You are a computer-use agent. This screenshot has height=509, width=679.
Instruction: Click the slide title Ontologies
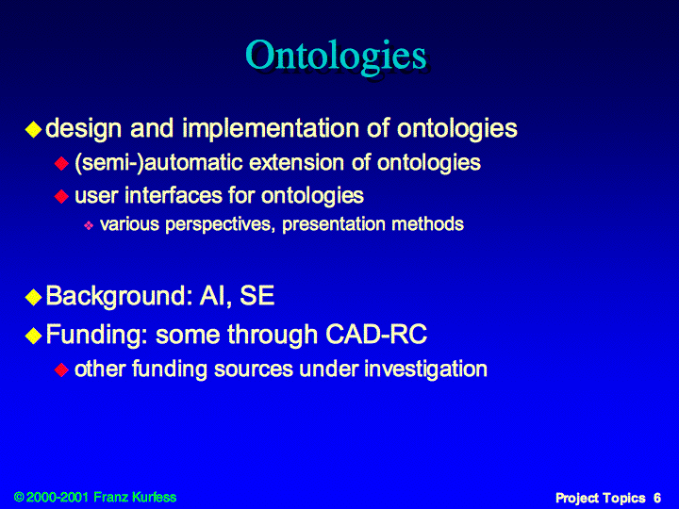pyautogui.click(x=337, y=57)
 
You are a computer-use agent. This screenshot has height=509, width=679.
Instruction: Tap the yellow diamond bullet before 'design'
pyautogui.click(x=33, y=129)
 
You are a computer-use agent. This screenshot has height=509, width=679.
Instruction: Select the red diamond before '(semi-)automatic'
pyautogui.click(x=61, y=164)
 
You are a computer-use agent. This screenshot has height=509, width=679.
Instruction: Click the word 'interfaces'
pyautogui.click(x=174, y=195)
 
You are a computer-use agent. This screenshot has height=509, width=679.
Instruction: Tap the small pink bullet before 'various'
pyautogui.click(x=89, y=225)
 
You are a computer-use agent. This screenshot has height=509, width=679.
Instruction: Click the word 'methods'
pyautogui.click(x=427, y=224)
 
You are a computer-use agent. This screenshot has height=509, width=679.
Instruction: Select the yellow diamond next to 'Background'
pyautogui.click(x=33, y=297)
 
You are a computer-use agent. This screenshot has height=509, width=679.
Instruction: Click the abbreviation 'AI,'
pyautogui.click(x=212, y=296)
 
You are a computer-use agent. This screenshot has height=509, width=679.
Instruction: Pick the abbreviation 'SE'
pyautogui.click(x=257, y=296)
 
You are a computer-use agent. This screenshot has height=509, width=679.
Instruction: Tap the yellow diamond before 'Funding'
pyautogui.click(x=33, y=336)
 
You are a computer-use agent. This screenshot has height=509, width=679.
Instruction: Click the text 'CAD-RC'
pyautogui.click(x=376, y=334)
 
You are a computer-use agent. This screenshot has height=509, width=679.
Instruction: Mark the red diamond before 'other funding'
pyautogui.click(x=61, y=370)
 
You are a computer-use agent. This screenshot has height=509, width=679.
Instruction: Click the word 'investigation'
pyautogui.click(x=425, y=369)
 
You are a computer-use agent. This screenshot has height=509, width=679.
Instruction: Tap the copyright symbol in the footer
pyautogui.click(x=19, y=497)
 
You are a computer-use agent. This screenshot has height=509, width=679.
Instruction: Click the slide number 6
pyautogui.click(x=657, y=498)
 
